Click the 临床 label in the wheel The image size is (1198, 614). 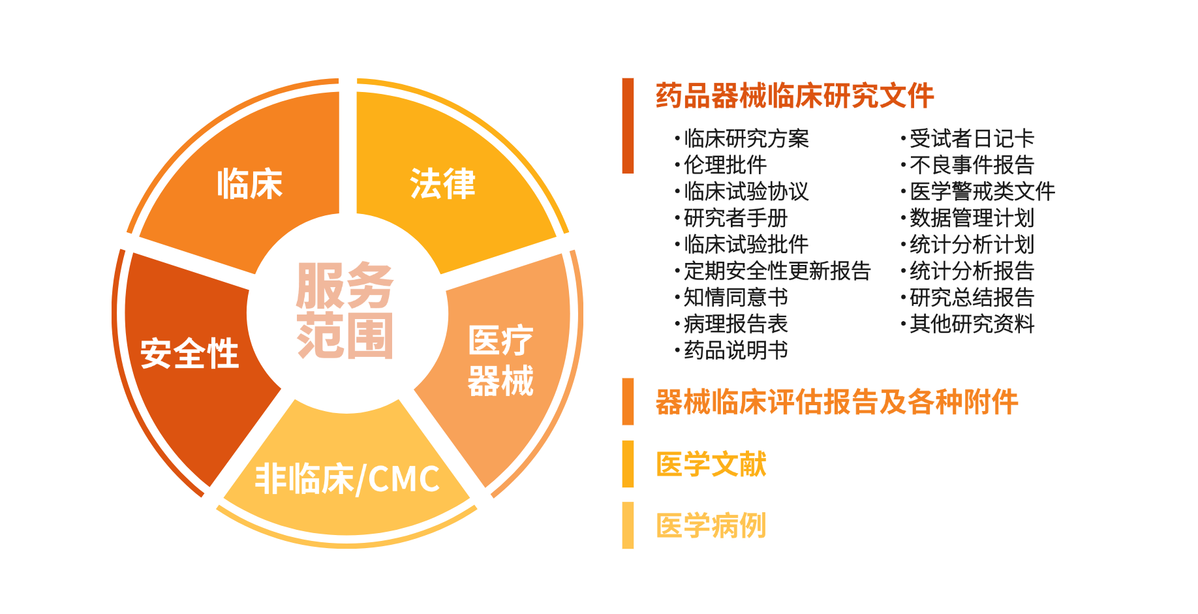tap(250, 183)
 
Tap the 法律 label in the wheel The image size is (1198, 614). tap(443, 183)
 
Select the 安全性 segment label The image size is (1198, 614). tap(190, 354)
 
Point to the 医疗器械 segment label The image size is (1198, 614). tap(500, 361)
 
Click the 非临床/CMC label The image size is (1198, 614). tap(347, 479)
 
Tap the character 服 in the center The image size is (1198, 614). tap(320, 286)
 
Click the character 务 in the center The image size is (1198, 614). tap(370, 286)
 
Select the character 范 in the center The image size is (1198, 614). tap(320, 335)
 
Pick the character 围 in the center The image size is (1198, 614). tap(370, 335)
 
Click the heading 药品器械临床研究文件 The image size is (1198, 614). tap(795, 96)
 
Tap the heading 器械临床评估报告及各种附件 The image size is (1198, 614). tap(837, 402)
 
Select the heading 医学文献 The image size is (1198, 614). tap(711, 464)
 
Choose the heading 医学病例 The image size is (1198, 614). tap(711, 525)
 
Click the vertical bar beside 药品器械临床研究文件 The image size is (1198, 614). tap(628, 125)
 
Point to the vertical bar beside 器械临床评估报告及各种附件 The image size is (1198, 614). tap(628, 401)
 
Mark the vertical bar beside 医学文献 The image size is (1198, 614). tap(628, 464)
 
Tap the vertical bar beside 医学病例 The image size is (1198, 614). tap(628, 525)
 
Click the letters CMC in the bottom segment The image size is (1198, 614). tap(404, 479)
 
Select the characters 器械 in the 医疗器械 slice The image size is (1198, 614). tap(500, 381)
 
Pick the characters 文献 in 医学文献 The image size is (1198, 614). tap(739, 464)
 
